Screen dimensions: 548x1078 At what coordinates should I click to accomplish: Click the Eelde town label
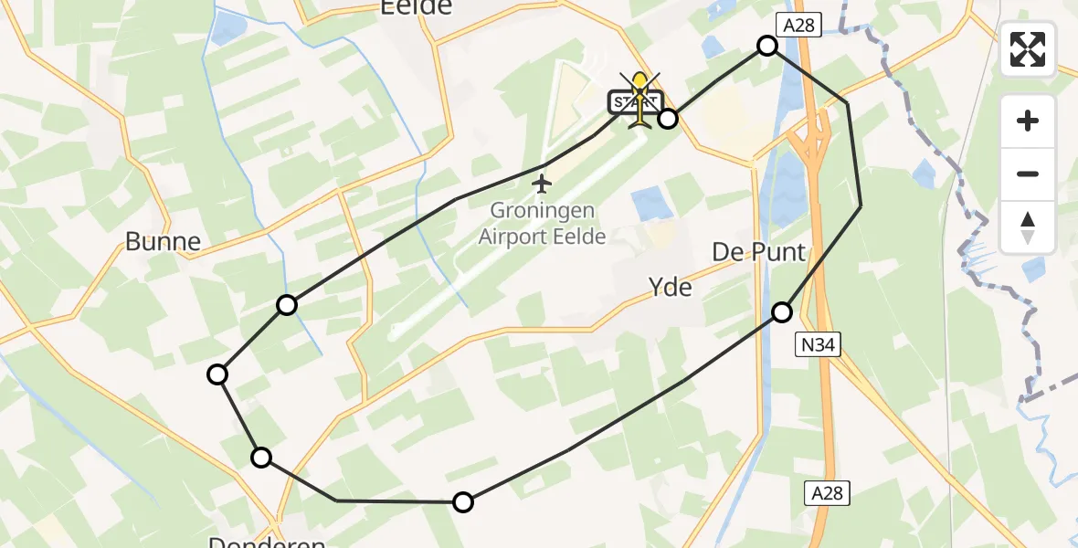(x=416, y=7)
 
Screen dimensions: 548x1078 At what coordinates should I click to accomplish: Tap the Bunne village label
(x=163, y=241)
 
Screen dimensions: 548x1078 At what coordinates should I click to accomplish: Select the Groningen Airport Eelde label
(x=543, y=224)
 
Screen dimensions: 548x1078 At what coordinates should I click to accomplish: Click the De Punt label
(x=760, y=252)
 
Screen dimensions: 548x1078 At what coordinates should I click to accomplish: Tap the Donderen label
(x=267, y=541)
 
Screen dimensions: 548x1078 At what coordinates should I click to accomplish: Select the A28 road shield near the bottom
(x=828, y=493)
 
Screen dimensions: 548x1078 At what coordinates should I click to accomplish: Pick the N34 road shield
(x=816, y=342)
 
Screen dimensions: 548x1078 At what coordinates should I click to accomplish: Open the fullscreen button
(x=1028, y=48)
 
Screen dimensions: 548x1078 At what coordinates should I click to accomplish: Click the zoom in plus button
(x=1028, y=121)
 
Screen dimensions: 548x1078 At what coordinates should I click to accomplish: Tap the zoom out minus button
(x=1028, y=174)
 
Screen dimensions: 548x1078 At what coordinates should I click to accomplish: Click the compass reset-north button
(x=1028, y=227)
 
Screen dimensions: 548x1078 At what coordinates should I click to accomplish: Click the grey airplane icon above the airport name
(x=543, y=184)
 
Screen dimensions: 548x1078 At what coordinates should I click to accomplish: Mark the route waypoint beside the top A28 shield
(x=767, y=46)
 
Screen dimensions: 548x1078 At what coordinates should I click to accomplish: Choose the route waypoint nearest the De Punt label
(x=782, y=312)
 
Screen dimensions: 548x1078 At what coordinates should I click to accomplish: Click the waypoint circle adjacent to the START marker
(x=669, y=118)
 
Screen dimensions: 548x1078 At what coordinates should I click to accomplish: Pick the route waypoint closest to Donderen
(x=261, y=458)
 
